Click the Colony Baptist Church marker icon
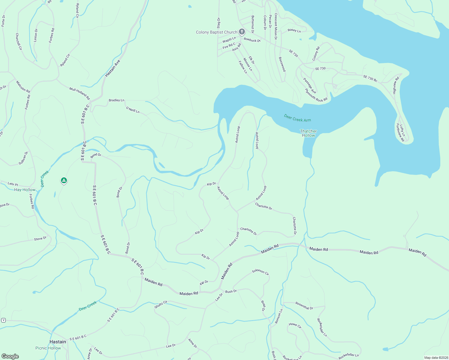pos(242,32)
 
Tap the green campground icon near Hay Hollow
pos(64,180)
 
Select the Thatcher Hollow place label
pos(308,133)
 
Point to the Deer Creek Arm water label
pos(297,118)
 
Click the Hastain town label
pos(58,342)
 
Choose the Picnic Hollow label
pos(48,348)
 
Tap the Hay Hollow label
pos(25,190)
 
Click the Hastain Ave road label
pos(113,68)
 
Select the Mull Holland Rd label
pos(80,93)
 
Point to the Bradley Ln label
pos(116,100)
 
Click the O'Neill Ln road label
pos(133,110)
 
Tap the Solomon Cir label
pos(261,272)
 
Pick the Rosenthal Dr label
pos(304,306)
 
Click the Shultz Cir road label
pos(161,304)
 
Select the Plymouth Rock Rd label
pos(316,95)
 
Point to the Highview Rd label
pos(396,85)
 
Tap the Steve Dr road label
pos(40,239)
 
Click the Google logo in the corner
pos(10,356)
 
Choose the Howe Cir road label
pos(295,325)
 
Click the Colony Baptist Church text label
pos(216,32)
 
